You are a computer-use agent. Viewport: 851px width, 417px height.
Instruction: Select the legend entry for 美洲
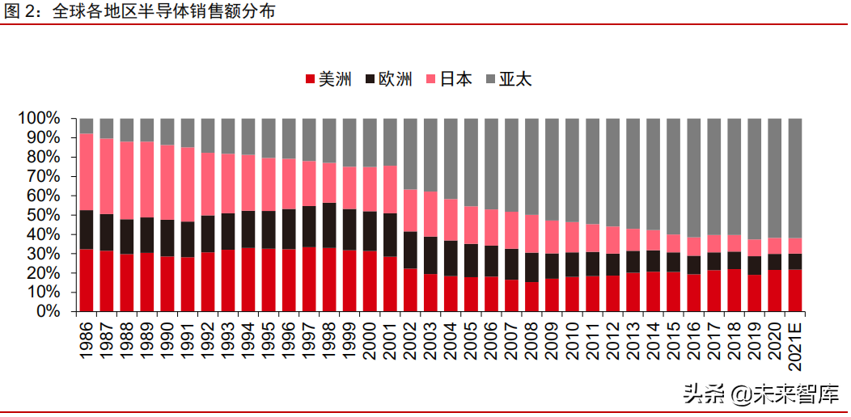(328, 79)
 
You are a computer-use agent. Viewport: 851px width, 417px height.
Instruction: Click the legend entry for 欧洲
(389, 79)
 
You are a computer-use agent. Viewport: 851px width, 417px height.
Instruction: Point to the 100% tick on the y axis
(38, 119)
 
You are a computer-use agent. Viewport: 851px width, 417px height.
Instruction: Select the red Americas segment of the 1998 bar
(329, 280)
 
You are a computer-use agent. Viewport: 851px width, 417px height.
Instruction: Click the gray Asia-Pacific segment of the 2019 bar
(754, 178)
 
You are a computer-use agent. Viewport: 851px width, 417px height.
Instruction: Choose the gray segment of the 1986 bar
(87, 125)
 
